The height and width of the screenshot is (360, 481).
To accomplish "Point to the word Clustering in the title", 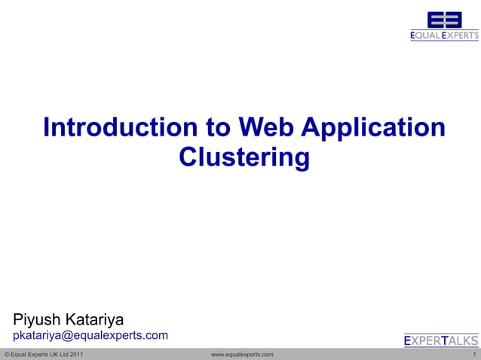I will click(x=244, y=159).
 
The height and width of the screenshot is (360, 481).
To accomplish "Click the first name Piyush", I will click(x=40, y=319).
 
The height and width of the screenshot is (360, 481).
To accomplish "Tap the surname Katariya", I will click(x=97, y=319).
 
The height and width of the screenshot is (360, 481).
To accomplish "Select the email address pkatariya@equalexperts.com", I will click(x=90, y=335).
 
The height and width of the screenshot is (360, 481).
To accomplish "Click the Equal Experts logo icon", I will click(x=444, y=20).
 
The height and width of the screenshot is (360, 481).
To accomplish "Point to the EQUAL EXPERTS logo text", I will click(x=444, y=35).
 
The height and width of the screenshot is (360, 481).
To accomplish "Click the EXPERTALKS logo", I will click(x=441, y=340).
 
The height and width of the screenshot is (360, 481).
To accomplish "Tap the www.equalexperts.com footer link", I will click(x=242, y=354).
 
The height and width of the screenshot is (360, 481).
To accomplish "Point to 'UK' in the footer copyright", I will click(x=51, y=354).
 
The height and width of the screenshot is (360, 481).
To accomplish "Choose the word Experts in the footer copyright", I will click(x=36, y=354).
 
